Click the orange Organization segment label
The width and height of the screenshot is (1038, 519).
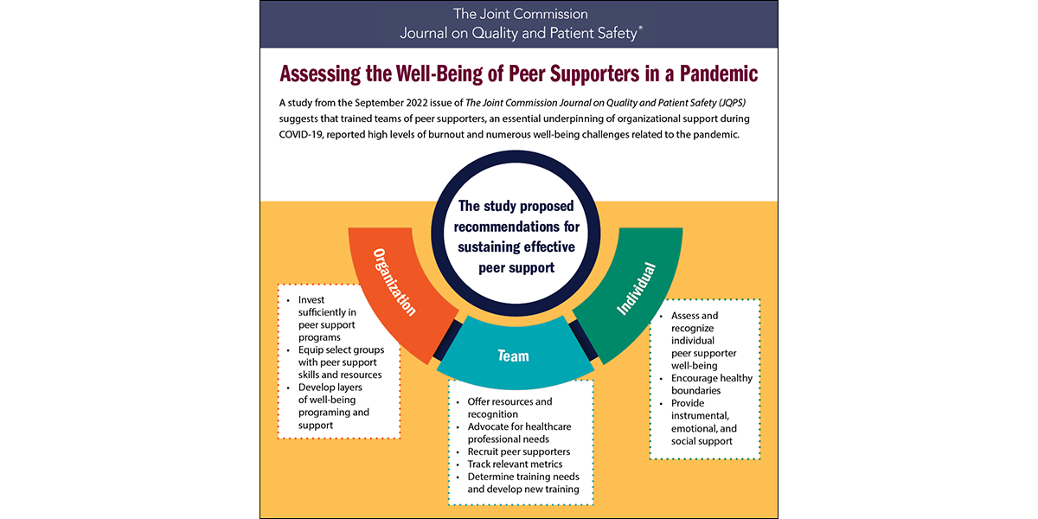point(394,283)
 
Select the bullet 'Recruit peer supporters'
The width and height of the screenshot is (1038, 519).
point(519,452)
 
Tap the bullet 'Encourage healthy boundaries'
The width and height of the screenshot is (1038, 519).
point(712,384)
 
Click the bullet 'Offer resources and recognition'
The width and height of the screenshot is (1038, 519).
point(509,408)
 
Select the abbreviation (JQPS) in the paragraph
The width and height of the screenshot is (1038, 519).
point(741,102)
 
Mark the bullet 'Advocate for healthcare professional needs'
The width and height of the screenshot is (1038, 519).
point(519,432)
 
